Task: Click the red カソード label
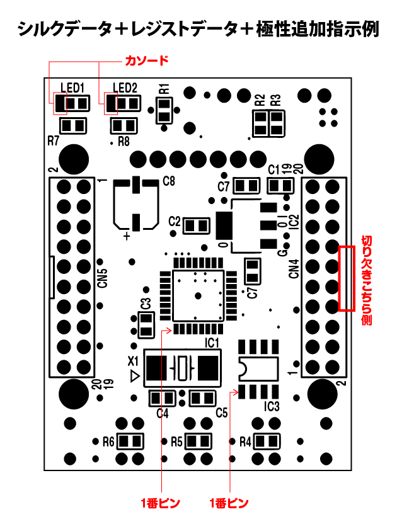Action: pyautogui.click(x=147, y=61)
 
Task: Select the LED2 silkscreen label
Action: pyautogui.click(x=125, y=87)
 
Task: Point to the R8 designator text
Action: pyautogui.click(x=124, y=141)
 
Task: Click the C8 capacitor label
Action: pyautogui.click(x=169, y=181)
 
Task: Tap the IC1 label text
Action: pyautogui.click(x=212, y=343)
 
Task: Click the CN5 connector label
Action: pyautogui.click(x=103, y=278)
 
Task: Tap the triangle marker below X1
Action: pyautogui.click(x=134, y=376)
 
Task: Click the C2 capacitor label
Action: pyautogui.click(x=175, y=222)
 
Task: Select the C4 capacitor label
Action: pyautogui.click(x=162, y=413)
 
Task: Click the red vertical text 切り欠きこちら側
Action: pyautogui.click(x=366, y=280)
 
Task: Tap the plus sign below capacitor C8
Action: pyautogui.click(x=128, y=236)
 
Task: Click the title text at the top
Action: pyautogui.click(x=198, y=29)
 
